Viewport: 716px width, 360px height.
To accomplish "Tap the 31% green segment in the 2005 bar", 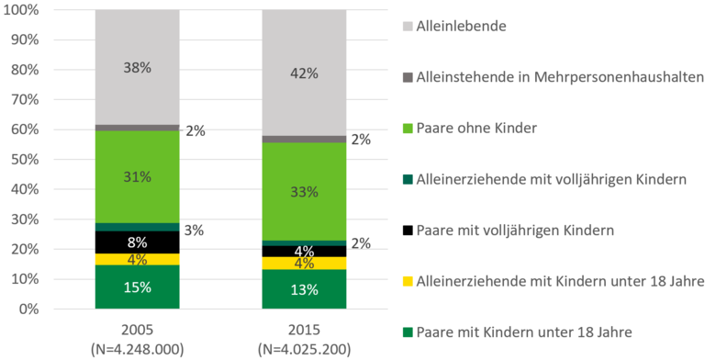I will (x=137, y=176).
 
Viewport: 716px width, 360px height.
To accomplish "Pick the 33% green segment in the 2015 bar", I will (x=304, y=191).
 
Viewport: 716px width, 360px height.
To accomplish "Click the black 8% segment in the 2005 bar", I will (x=137, y=242).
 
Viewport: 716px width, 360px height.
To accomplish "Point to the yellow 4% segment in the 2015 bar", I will (x=304, y=264).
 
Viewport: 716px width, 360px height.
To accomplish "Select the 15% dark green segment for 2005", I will (x=137, y=287).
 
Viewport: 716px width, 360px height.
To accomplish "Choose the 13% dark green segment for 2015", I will (x=304, y=290).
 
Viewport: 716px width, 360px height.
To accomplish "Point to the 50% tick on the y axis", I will (x=24, y=160).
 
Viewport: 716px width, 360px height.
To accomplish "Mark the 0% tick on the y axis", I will (x=28, y=309).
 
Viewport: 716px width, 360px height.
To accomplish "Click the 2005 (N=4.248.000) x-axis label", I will (x=137, y=339).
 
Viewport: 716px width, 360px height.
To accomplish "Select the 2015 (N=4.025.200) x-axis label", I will (x=304, y=339).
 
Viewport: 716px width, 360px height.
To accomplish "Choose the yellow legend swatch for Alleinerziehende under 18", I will (x=407, y=280).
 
